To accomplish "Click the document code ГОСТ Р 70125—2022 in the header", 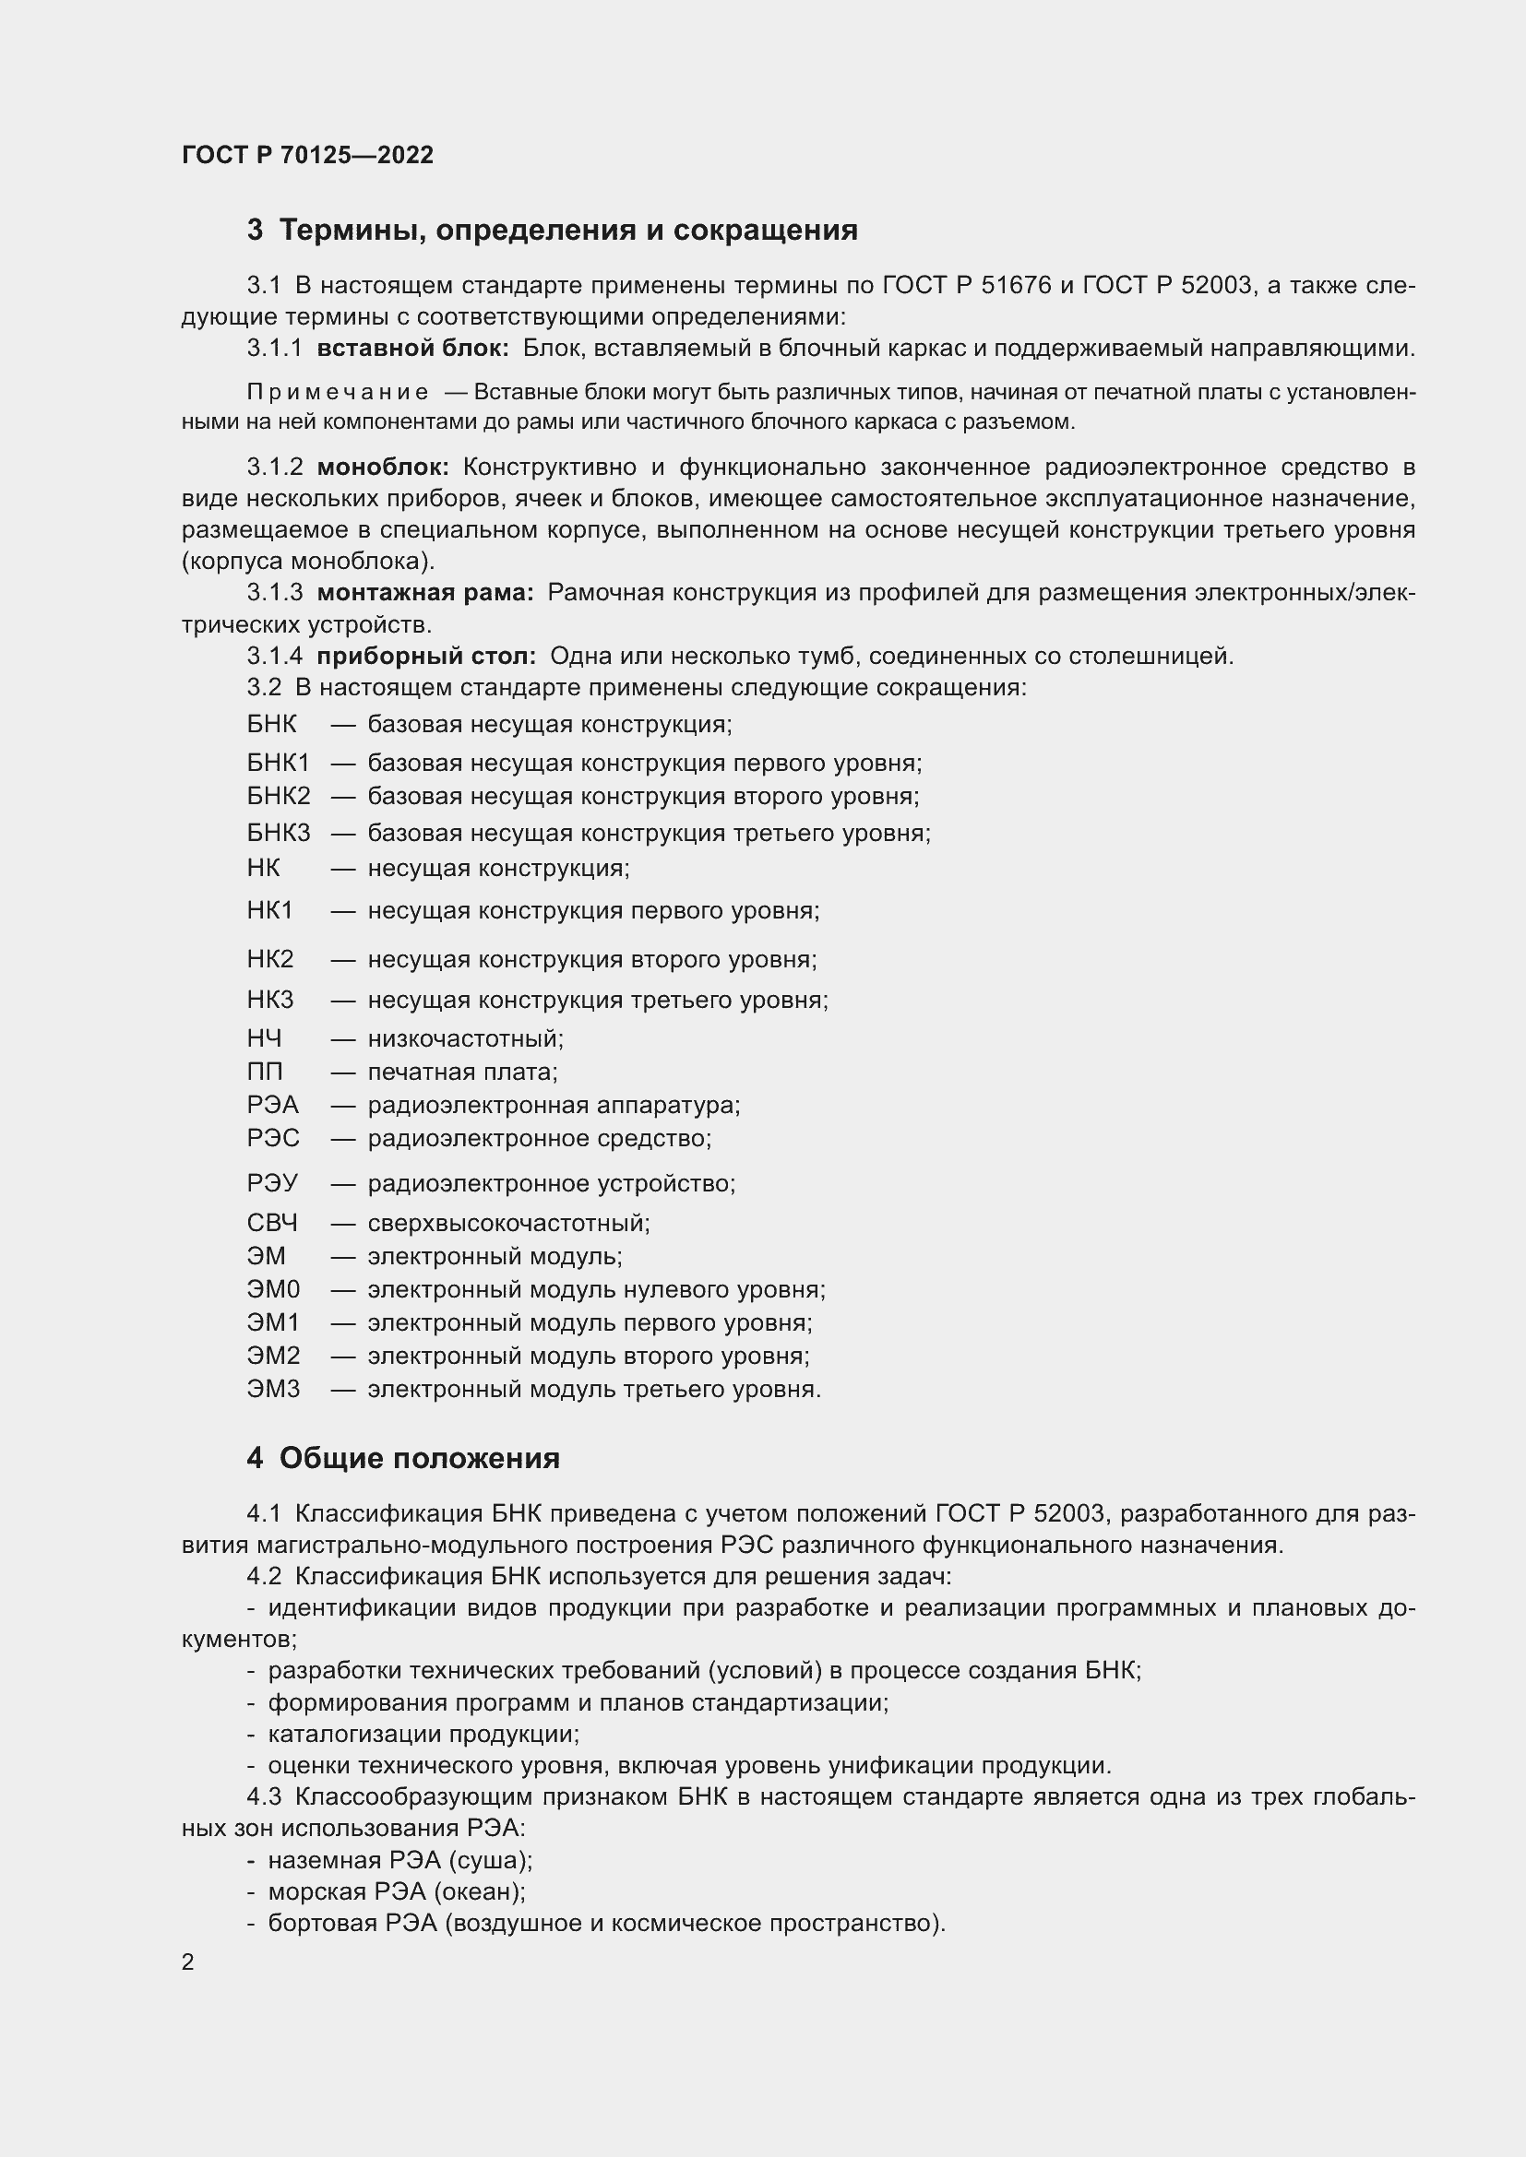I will click(x=307, y=155).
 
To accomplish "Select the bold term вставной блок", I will click(x=411, y=349).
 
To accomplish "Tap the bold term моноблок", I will click(x=383, y=467).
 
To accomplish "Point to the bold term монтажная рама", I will click(x=424, y=593).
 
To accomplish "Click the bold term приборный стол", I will click(x=425, y=656).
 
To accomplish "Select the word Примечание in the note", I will click(x=338, y=392).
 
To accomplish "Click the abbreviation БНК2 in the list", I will click(x=278, y=797).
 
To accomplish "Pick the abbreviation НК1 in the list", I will click(x=269, y=910).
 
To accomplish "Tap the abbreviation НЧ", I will click(x=264, y=1038).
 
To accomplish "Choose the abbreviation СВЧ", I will click(x=271, y=1223).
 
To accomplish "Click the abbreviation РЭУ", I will click(x=271, y=1184).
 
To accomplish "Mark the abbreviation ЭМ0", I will click(x=272, y=1290).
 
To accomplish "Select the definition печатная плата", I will click(x=461, y=1072).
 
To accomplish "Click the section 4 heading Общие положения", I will click(x=419, y=1458).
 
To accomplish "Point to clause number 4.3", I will click(x=264, y=1797).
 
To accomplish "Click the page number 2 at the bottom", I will click(x=188, y=1961).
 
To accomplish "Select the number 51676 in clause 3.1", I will click(x=1015, y=286).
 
